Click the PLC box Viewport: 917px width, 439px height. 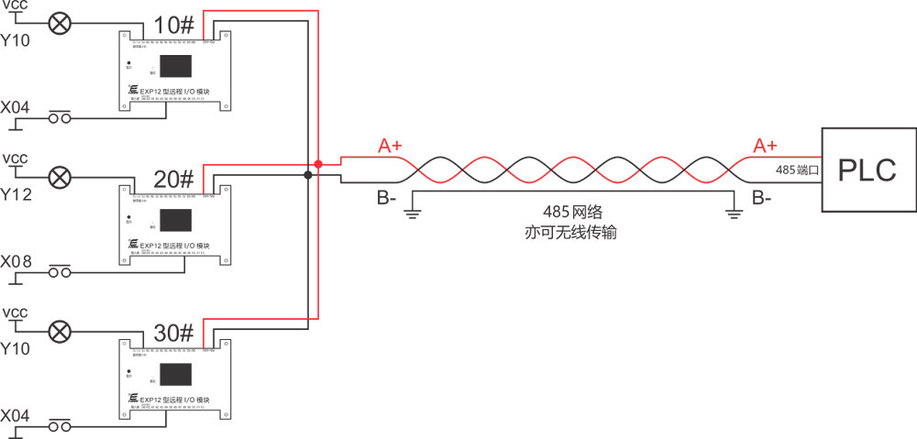(x=867, y=170)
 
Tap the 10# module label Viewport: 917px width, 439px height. (x=173, y=26)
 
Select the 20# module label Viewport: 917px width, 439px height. (x=173, y=179)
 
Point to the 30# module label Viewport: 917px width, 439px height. (x=173, y=331)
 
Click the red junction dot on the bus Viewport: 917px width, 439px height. (x=317, y=164)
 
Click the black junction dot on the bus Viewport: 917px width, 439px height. (x=306, y=174)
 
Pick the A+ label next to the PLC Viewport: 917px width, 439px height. (x=765, y=146)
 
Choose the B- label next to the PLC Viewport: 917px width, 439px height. (x=761, y=196)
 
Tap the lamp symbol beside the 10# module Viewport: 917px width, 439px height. (x=61, y=22)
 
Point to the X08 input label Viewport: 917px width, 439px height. (x=17, y=262)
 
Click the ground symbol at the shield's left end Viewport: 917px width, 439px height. (x=413, y=214)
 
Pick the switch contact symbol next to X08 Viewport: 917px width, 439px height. (x=61, y=271)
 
